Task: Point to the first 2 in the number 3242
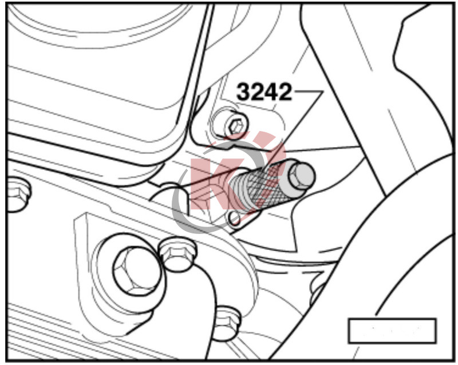(257, 92)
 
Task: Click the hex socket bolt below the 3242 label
(231, 125)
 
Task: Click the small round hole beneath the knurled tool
(234, 219)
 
